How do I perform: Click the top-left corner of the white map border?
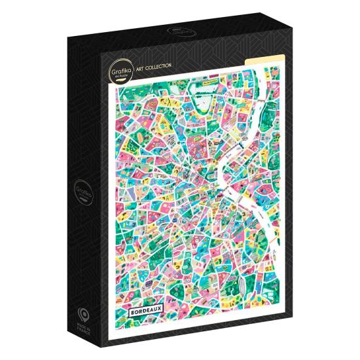(x=114, y=82)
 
